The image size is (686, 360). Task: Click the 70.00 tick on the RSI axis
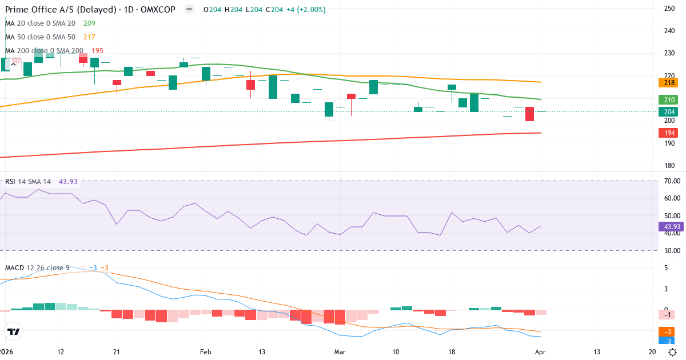672,181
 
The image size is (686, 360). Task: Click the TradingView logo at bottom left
14,331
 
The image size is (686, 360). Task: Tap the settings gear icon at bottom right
673,352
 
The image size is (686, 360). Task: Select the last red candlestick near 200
530,114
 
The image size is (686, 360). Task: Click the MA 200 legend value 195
98,51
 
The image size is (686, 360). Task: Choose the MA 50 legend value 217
89,37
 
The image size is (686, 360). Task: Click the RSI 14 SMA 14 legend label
29,182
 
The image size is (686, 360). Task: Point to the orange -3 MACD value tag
667,332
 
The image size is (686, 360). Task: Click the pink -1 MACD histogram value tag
667,315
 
